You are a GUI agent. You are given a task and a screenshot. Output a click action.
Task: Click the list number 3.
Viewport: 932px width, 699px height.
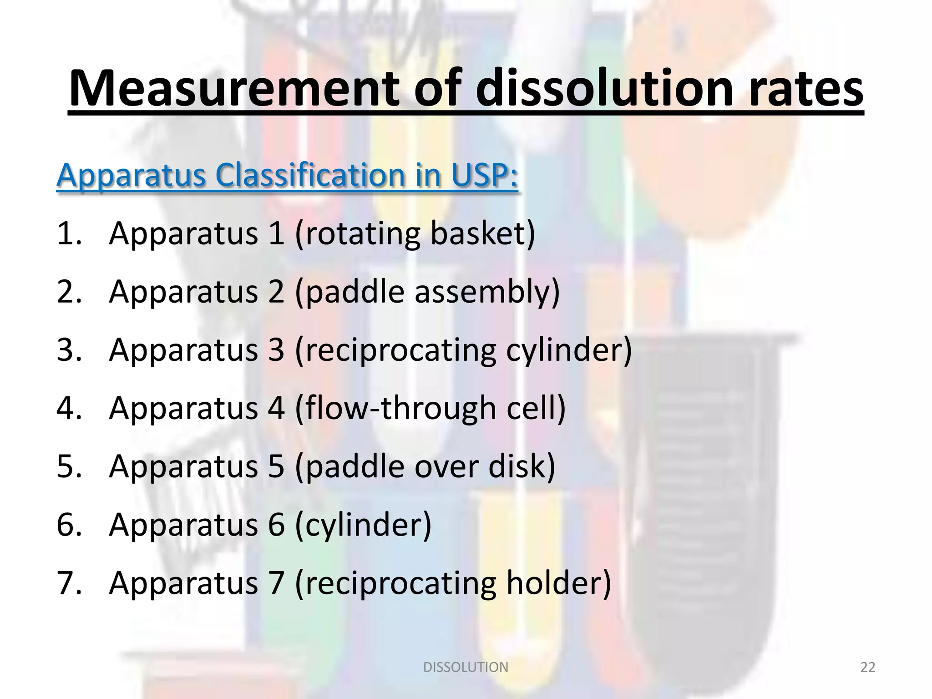[68, 350]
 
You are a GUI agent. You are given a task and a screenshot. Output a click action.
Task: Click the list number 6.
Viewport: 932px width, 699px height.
[68, 525]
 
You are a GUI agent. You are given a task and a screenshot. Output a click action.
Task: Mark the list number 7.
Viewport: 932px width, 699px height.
[68, 583]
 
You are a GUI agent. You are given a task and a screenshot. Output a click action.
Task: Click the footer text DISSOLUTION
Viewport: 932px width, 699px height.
[466, 667]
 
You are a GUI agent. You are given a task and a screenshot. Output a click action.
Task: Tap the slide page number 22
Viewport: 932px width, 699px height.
[868, 667]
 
